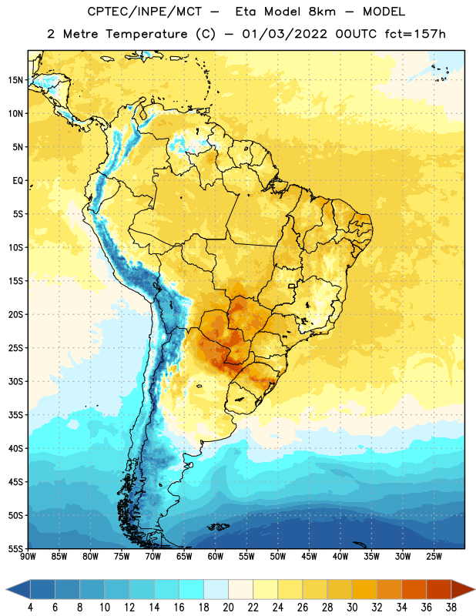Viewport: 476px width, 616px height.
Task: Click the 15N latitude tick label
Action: [x=15, y=80]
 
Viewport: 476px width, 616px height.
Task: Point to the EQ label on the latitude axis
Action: [x=18, y=181]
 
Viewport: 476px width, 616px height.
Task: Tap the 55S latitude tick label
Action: [x=15, y=548]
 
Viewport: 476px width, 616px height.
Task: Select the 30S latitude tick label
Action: [x=15, y=381]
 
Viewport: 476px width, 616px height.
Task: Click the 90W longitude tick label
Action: [x=28, y=556]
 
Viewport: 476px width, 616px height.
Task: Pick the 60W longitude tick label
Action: [x=216, y=556]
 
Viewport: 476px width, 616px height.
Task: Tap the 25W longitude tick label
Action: [x=434, y=556]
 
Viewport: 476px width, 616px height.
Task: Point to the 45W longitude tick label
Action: [x=309, y=556]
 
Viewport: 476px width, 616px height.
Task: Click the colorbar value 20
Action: [x=228, y=608]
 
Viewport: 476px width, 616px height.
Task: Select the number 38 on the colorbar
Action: [x=451, y=608]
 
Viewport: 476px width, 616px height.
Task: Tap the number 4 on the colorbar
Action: [x=30, y=608]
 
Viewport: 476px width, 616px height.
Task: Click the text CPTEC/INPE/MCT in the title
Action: [x=145, y=12]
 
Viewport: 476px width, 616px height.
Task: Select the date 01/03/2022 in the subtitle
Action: [x=284, y=34]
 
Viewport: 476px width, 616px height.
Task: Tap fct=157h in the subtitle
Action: [x=415, y=34]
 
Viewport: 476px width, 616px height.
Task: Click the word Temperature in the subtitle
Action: [x=146, y=35]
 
